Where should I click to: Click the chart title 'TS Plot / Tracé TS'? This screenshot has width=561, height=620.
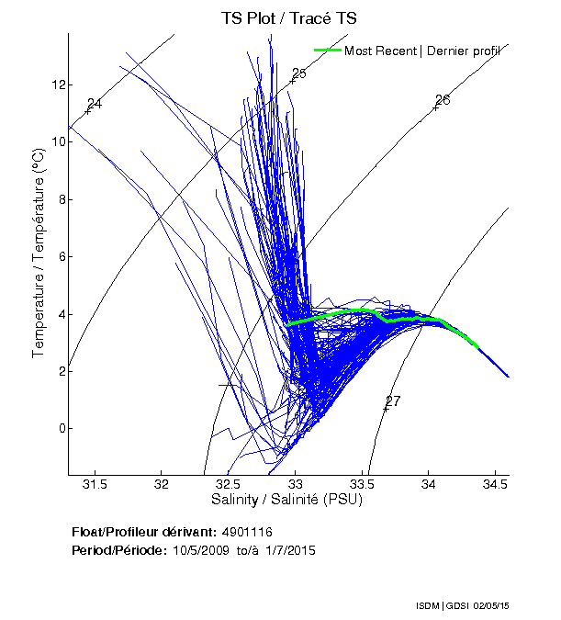pyautogui.click(x=290, y=17)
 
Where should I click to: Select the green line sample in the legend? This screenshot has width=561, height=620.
pyautogui.click(x=327, y=51)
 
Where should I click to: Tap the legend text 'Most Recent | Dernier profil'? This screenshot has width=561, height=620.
pyautogui.click(x=422, y=51)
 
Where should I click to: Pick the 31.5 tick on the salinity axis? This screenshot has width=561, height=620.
pyautogui.click(x=95, y=484)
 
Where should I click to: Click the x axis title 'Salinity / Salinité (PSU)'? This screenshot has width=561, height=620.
pyautogui.click(x=287, y=500)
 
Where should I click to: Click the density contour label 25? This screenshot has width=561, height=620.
pyautogui.click(x=298, y=73)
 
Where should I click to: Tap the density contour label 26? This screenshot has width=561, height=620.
pyautogui.click(x=443, y=99)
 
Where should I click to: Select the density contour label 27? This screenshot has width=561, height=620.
pyautogui.click(x=393, y=400)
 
